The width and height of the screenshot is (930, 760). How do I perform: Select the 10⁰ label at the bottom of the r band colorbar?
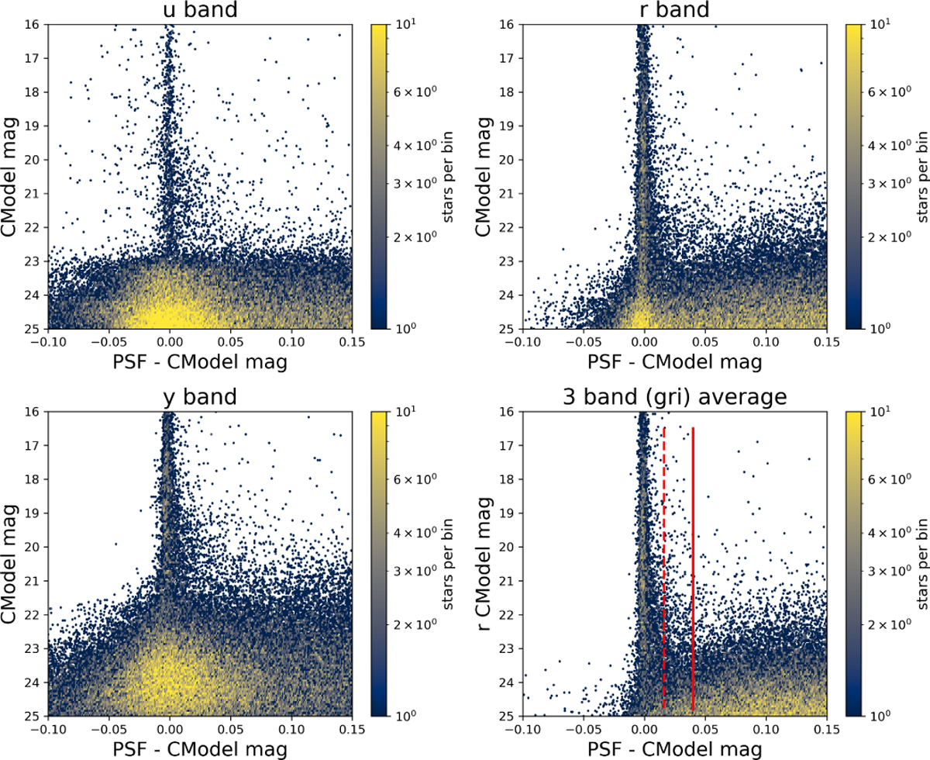(873, 329)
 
